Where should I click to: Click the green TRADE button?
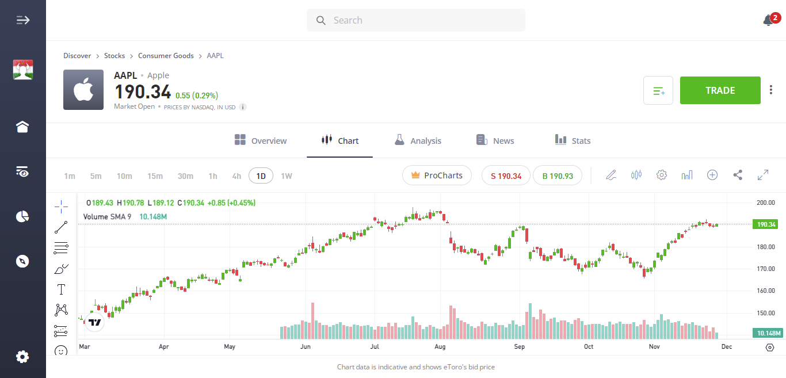tap(720, 90)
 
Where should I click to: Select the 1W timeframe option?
tap(287, 175)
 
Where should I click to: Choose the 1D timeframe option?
tap(261, 175)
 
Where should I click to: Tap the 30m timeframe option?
tap(185, 175)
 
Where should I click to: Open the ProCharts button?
tap(437, 175)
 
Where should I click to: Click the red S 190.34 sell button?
tap(506, 175)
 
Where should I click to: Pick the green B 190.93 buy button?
tap(557, 175)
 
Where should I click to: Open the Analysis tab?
tap(418, 140)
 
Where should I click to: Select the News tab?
tap(495, 140)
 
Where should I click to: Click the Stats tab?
tap(573, 140)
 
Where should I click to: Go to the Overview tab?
tap(261, 140)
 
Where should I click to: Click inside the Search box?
tap(416, 20)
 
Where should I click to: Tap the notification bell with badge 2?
tap(769, 21)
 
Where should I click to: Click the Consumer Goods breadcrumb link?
tap(166, 56)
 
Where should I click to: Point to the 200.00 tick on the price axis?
tap(766, 203)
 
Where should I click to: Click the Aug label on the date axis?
tap(440, 347)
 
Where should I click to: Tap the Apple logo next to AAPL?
tap(83, 90)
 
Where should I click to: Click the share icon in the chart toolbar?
tap(738, 175)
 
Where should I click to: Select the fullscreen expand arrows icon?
tap(763, 175)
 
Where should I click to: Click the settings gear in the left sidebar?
tap(22, 357)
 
